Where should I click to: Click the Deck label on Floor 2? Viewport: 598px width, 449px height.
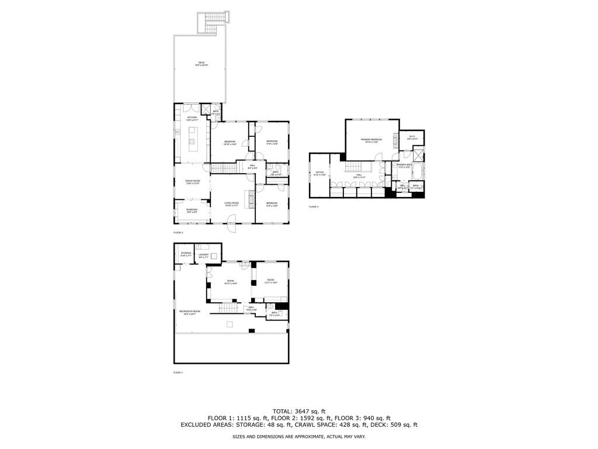[201, 64]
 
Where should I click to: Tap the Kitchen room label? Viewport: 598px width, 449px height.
[192, 118]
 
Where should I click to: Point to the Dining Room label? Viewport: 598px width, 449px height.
[193, 182]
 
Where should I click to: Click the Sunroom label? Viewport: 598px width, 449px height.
[192, 210]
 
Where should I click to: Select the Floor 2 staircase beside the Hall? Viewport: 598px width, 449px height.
[222, 168]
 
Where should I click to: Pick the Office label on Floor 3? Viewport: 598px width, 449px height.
[319, 173]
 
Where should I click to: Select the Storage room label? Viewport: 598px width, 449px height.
[186, 254]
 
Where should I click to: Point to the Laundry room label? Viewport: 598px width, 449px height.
[203, 255]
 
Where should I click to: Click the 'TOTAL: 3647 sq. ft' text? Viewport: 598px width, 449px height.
[298, 411]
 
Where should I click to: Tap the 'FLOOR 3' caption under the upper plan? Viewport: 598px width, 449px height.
[314, 207]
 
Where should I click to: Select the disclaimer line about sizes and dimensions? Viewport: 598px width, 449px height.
[298, 436]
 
